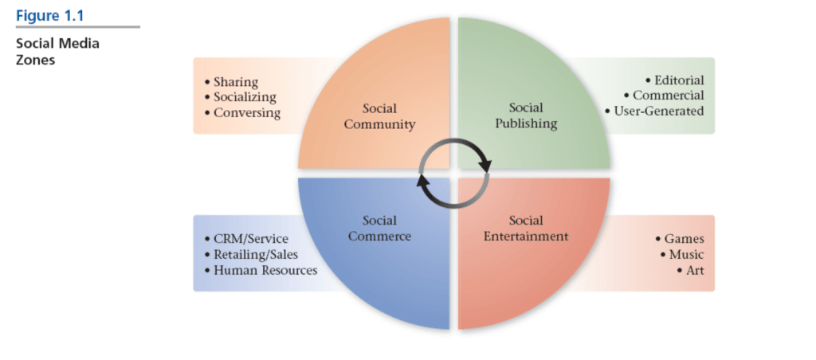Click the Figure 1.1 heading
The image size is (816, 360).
pyautogui.click(x=49, y=15)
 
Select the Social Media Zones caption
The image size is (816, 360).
pyautogui.click(x=58, y=51)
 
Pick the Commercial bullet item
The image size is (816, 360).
pyautogui.click(x=669, y=96)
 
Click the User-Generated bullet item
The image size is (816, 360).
pyautogui.click(x=658, y=111)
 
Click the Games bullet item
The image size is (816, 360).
pyautogui.click(x=684, y=239)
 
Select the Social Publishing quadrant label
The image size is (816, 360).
pyautogui.click(x=526, y=115)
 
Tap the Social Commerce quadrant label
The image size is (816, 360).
pyautogui.click(x=379, y=228)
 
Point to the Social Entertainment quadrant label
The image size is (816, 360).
pyautogui.click(x=526, y=228)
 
